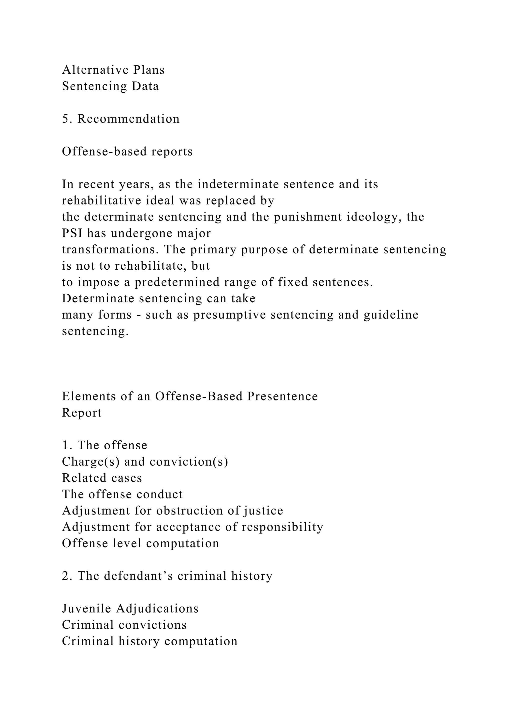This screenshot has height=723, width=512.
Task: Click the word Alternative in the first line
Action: tap(94, 70)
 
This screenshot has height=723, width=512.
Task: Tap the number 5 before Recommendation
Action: tap(65, 119)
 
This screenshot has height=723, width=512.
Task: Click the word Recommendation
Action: tap(129, 119)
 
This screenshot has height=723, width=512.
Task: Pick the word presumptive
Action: tap(230, 315)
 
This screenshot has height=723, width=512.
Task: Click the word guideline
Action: tap(391, 315)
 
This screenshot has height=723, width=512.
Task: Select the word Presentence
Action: tap(282, 396)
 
